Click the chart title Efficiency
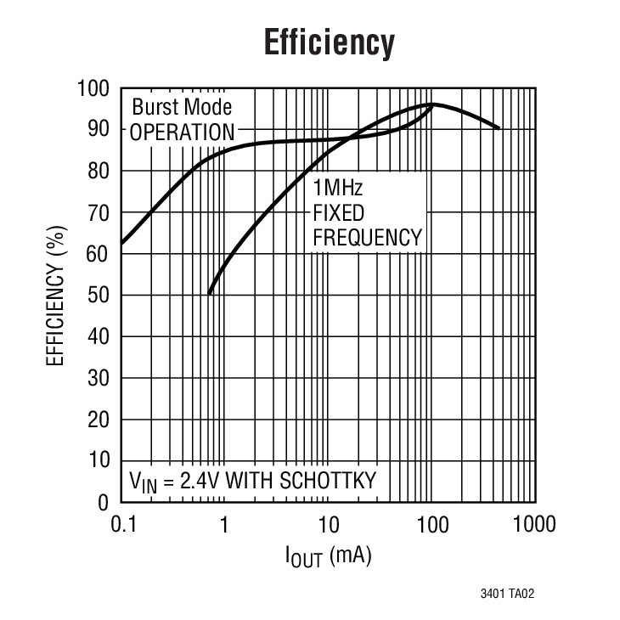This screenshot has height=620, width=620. (x=329, y=42)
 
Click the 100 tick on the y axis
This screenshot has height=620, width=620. (x=93, y=88)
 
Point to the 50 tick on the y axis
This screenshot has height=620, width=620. (x=99, y=295)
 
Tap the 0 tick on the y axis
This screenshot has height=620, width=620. (x=104, y=502)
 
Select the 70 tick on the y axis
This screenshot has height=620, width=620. (x=99, y=212)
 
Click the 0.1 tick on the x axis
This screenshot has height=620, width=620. (x=123, y=524)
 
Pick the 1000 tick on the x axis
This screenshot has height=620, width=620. (x=533, y=524)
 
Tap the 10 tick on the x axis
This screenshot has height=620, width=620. (x=328, y=524)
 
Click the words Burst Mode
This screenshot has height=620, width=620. (x=181, y=108)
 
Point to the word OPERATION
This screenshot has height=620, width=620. (x=182, y=132)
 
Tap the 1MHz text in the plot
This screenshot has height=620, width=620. (x=338, y=188)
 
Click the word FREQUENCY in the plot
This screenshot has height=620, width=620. (x=367, y=237)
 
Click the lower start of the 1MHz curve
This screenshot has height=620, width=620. (x=209, y=294)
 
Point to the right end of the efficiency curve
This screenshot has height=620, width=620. (x=499, y=128)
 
